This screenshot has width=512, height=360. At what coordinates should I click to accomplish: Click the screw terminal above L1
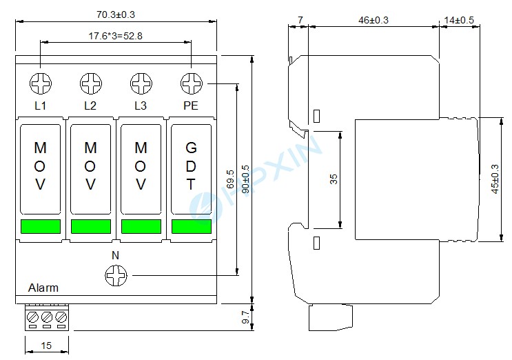click(41, 83)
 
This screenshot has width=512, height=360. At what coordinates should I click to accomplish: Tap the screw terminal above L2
click(90, 83)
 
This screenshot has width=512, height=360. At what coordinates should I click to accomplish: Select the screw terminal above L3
click(141, 83)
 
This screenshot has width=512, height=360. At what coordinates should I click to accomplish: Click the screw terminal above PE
click(191, 83)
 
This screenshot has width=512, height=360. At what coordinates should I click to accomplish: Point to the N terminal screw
click(115, 276)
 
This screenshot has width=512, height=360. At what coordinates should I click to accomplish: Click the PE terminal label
click(191, 106)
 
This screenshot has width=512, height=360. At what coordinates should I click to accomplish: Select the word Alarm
click(43, 288)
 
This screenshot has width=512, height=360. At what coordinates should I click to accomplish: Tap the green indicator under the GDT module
click(191, 226)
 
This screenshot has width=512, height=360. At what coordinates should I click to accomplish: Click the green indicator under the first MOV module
click(41, 226)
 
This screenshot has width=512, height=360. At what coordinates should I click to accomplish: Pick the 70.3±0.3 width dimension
click(115, 13)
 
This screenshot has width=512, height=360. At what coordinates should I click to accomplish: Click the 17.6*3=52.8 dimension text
click(115, 35)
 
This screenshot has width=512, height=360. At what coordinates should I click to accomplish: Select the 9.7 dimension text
click(245, 317)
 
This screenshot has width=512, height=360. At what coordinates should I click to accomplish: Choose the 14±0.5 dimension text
click(459, 21)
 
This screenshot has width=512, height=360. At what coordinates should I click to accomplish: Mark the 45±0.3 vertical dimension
click(494, 179)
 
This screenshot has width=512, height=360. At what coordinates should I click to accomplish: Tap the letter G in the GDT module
click(191, 148)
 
